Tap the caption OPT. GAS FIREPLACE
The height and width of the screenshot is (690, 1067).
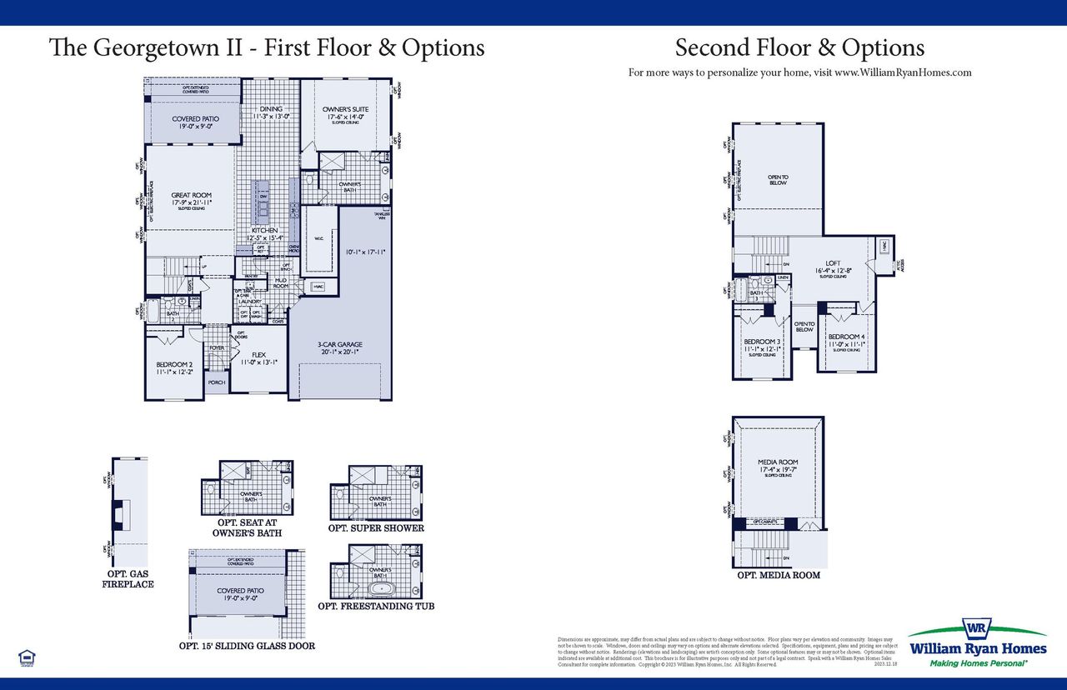click(x=128, y=579)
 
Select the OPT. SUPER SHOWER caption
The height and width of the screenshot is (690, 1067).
click(x=376, y=527)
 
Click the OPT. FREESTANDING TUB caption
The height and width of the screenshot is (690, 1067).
click(x=376, y=606)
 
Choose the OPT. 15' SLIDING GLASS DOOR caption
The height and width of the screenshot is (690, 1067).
click(x=247, y=645)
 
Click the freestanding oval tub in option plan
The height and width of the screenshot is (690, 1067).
click(x=383, y=588)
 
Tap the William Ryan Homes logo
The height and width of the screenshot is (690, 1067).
click(x=978, y=642)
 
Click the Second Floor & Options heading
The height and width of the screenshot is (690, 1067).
click(x=799, y=47)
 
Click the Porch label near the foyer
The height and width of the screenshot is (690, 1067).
click(x=217, y=382)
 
